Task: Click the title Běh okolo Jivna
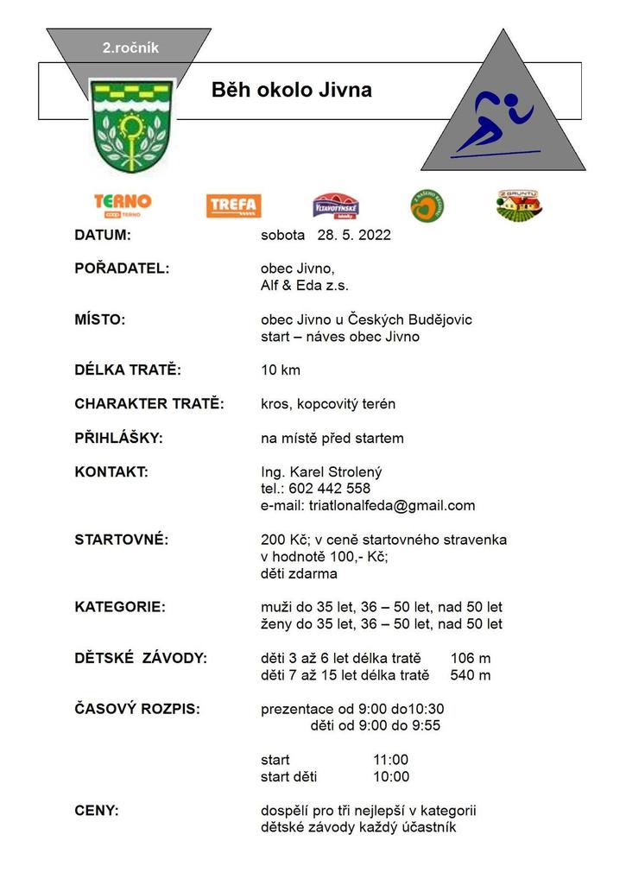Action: pos(292,91)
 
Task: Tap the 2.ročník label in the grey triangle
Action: pos(130,48)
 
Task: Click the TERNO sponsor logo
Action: pos(123,205)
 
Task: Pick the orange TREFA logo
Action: pos(233,205)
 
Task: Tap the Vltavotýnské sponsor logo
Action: pos(336,205)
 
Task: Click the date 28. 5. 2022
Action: pos(355,235)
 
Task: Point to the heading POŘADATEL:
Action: pos(123,269)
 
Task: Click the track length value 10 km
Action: pos(281,370)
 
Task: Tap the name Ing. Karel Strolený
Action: pos(321,472)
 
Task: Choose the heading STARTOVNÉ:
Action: pos(122,540)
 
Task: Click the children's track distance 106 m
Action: pos(470,659)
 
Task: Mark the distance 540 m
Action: pos(470,675)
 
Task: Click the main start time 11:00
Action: pos(391,760)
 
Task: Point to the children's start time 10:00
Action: pos(391,777)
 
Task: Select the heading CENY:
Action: pos(98,811)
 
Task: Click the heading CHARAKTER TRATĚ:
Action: pos(149,404)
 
